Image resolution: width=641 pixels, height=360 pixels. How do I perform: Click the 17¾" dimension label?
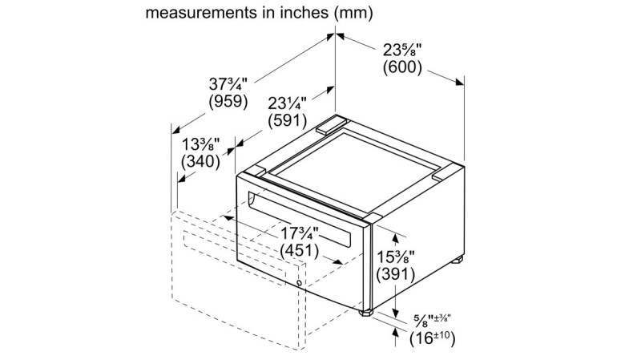point(300,233)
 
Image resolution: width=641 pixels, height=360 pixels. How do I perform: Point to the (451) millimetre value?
point(300,250)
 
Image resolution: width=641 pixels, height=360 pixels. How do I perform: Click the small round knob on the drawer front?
point(300,281)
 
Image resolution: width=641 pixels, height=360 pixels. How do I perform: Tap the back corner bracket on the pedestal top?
point(330,124)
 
